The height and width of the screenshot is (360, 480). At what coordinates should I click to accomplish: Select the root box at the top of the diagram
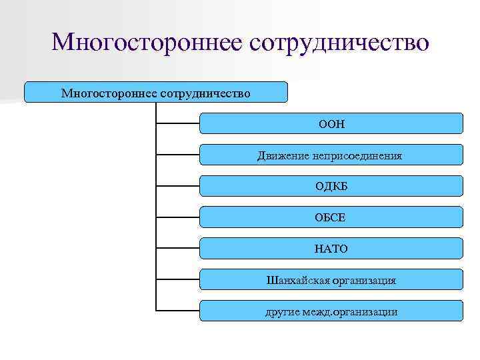point(156,92)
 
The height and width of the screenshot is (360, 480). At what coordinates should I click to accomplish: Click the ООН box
point(331,123)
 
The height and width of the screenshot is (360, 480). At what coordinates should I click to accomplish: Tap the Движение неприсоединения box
point(331,155)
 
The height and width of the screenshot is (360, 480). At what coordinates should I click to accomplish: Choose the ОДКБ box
point(331,186)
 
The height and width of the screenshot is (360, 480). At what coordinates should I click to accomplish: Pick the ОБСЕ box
point(331,217)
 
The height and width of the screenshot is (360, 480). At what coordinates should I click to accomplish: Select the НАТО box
point(331,249)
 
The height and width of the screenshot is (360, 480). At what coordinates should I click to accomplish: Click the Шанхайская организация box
point(331,280)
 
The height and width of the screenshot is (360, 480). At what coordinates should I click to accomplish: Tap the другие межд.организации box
point(331,311)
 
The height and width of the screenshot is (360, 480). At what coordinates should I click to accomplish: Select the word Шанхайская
point(296,281)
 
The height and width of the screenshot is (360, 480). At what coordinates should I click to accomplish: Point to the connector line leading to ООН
point(178,123)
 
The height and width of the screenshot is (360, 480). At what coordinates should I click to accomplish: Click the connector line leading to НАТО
point(178,248)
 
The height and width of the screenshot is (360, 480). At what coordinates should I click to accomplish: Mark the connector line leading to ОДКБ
point(178,185)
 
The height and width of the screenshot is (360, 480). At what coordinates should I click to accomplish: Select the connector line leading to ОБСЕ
point(178,217)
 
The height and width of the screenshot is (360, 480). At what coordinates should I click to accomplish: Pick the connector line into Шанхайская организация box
point(178,279)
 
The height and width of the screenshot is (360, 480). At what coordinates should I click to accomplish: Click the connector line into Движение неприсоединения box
point(178,155)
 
